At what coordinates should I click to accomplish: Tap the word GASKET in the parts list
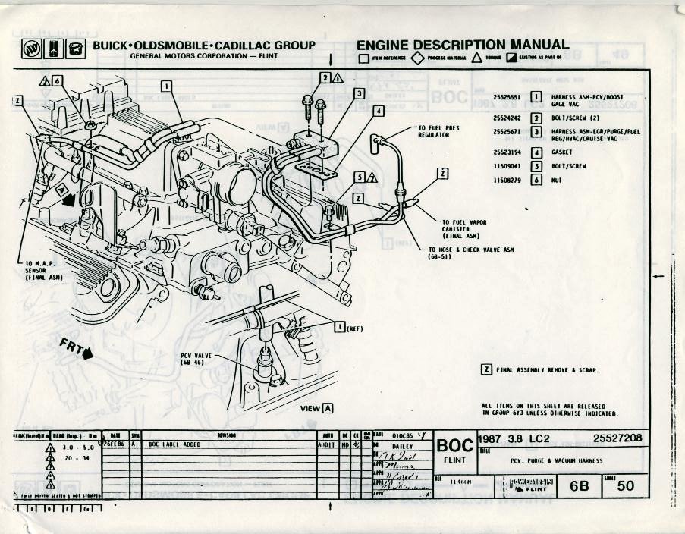pyautogui.click(x=562, y=152)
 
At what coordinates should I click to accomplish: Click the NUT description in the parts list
pyautogui.click(x=557, y=181)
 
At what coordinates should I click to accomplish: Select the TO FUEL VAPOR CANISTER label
pyautogui.click(x=463, y=229)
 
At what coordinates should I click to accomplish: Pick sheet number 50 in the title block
pyautogui.click(x=625, y=485)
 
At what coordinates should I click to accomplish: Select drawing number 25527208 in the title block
pyautogui.click(x=619, y=438)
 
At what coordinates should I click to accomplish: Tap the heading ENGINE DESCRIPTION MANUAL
pyautogui.click(x=463, y=46)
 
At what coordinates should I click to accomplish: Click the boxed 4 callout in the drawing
pyautogui.click(x=377, y=111)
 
